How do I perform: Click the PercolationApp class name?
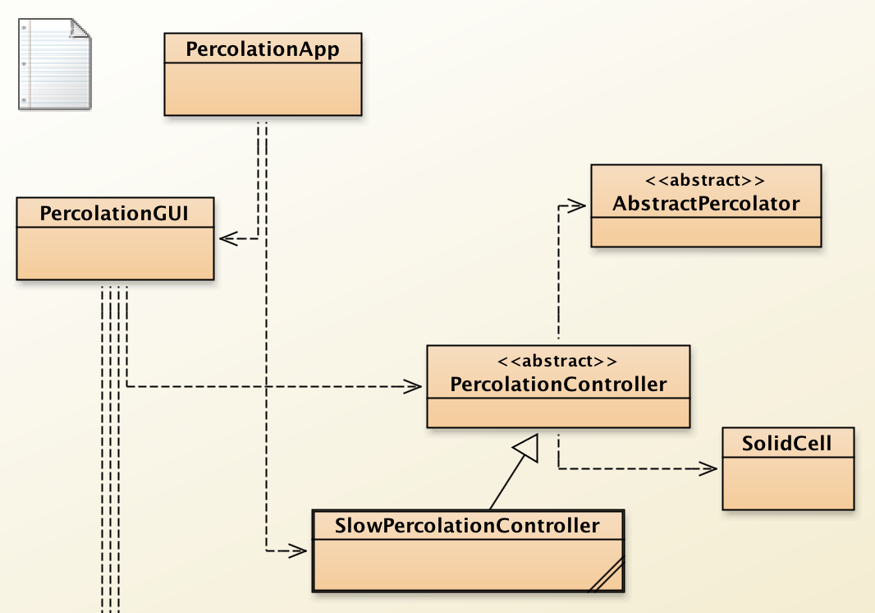263,49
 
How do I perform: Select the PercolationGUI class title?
115,214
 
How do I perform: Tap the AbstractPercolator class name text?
706,203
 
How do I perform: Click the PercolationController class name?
558,384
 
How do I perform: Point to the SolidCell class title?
787,445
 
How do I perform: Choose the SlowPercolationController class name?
467,525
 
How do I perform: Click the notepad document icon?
54,65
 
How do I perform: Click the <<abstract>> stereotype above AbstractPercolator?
706,180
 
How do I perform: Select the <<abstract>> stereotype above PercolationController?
558,361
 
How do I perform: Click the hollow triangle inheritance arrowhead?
525,447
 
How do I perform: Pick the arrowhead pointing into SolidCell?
708,468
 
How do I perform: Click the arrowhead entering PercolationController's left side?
412,385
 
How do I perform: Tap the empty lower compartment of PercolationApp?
263,89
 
